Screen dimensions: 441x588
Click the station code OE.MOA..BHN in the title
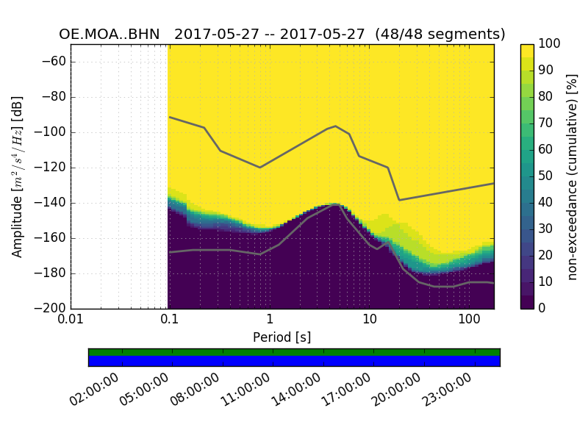[109, 35]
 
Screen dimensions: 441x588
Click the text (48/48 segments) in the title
[440, 35]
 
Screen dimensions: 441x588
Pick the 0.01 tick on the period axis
[71, 319]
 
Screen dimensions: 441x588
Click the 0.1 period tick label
[170, 319]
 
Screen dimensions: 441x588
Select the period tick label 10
[369, 319]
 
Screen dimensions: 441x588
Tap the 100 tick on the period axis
[469, 319]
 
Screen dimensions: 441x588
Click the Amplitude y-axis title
[18, 176]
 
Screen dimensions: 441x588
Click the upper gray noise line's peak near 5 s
[335, 126]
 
